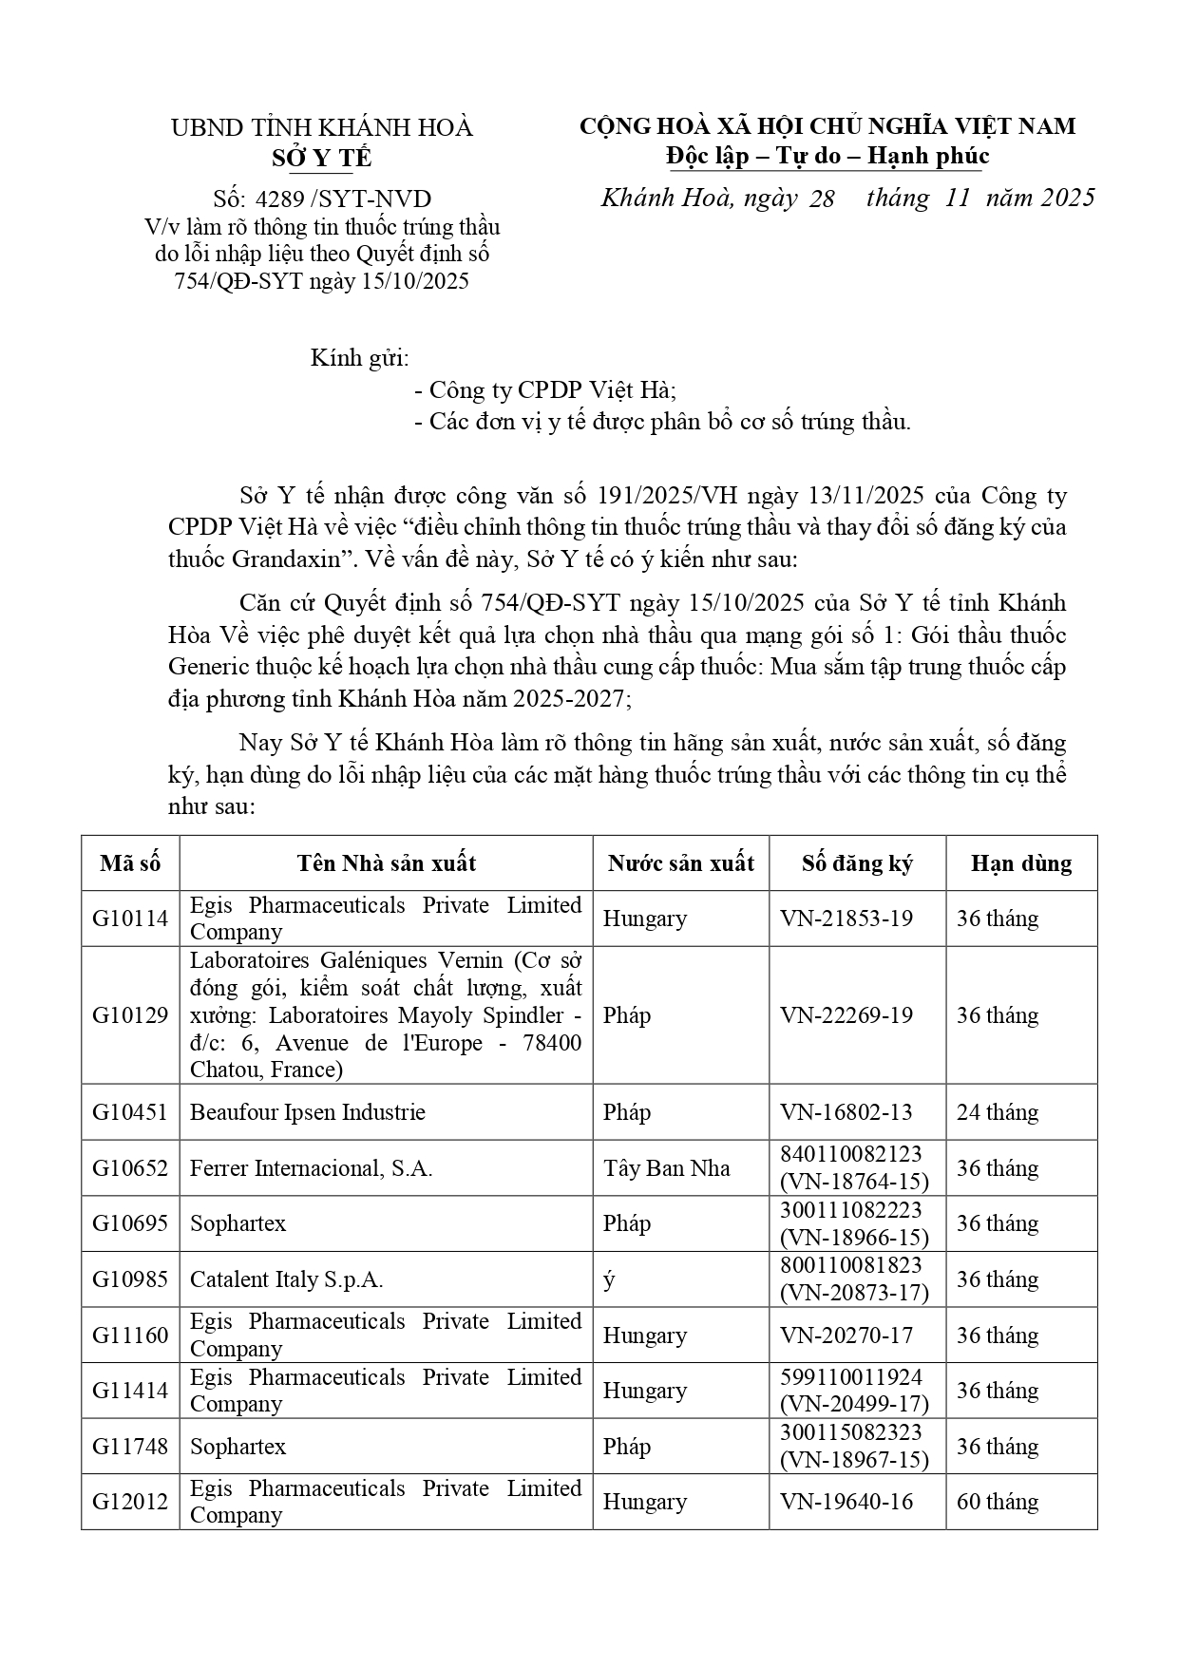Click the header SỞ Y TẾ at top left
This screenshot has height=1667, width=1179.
click(x=321, y=158)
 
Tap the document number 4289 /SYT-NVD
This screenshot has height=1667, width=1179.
click(x=322, y=199)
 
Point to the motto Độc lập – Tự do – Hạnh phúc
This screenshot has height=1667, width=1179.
click(x=827, y=157)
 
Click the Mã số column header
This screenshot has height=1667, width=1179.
click(x=130, y=863)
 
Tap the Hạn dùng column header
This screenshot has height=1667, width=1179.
click(x=1021, y=863)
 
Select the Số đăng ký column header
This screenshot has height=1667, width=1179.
click(x=857, y=863)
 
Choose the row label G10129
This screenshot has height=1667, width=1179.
click(x=130, y=1015)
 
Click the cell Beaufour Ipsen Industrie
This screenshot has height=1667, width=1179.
click(x=308, y=1112)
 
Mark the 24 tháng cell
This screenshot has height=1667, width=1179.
click(x=998, y=1112)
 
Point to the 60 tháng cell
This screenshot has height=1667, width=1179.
click(x=998, y=1502)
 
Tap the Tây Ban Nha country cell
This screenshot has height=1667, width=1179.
click(x=666, y=1168)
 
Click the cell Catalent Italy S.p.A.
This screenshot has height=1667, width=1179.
click(x=287, y=1279)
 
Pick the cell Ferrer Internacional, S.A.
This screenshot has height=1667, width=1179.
click(x=312, y=1168)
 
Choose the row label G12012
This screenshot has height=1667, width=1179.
click(x=130, y=1502)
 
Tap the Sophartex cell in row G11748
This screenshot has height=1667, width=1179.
click(x=238, y=1447)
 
